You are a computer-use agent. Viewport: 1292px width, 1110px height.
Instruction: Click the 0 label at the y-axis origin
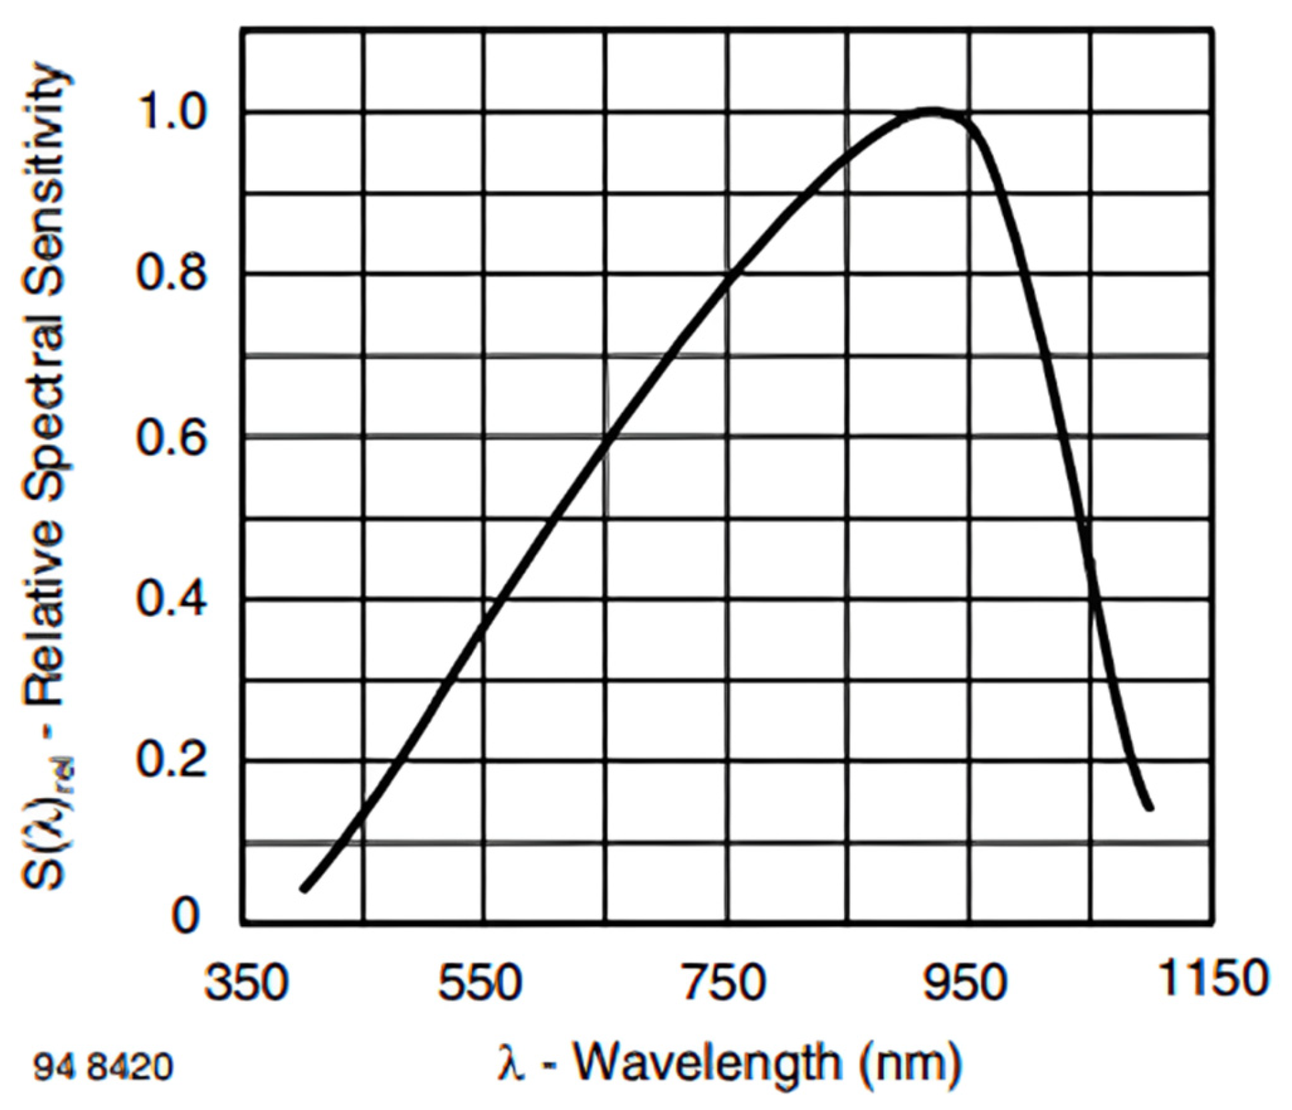185,916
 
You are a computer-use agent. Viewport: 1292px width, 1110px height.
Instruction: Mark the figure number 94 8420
103,1067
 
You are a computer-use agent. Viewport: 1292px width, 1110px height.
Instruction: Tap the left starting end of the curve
305,889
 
